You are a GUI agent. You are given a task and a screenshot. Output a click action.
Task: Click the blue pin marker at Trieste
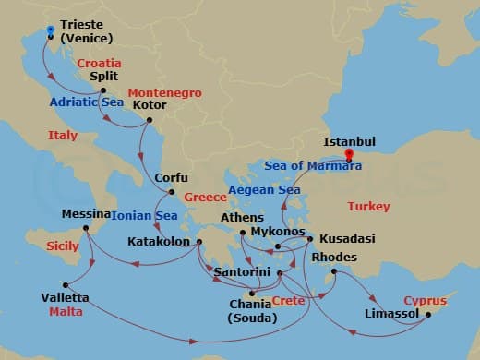pyautogui.click(x=50, y=31)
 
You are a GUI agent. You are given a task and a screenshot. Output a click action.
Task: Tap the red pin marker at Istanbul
pyautogui.click(x=348, y=155)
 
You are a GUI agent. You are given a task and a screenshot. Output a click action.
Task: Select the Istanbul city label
pyautogui.click(x=350, y=142)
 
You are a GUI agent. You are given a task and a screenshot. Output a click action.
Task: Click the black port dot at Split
pyautogui.click(x=103, y=90)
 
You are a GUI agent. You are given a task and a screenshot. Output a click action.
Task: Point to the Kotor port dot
pyautogui.click(x=138, y=117)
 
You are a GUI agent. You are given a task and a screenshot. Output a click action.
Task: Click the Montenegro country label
pyautogui.click(x=162, y=92)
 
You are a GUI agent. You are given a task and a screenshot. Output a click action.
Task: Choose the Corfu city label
pyautogui.click(x=171, y=178)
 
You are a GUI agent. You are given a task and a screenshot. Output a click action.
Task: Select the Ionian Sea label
pyautogui.click(x=144, y=216)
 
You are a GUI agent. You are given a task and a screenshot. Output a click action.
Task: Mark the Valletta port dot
pyautogui.click(x=65, y=284)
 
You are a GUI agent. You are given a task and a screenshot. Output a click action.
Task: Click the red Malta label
pyautogui.click(x=65, y=312)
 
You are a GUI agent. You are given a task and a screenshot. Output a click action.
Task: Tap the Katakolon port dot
pyautogui.click(x=198, y=243)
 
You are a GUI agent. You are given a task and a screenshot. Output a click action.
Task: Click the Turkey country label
pyautogui.click(x=368, y=206)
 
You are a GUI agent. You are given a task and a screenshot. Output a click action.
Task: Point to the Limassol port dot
pyautogui.click(x=428, y=314)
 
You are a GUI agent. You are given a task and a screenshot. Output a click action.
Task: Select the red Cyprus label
pyautogui.click(x=425, y=301)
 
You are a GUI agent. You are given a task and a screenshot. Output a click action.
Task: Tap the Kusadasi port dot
pyautogui.click(x=310, y=238)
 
